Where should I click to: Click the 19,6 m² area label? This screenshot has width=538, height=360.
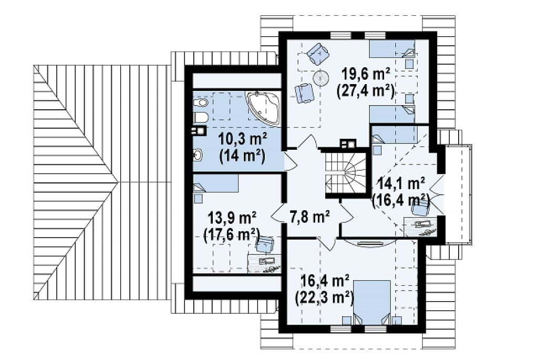(x=366, y=74)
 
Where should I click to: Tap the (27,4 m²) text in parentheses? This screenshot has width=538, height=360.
(x=366, y=91)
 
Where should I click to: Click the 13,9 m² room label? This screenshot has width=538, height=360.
(x=233, y=218)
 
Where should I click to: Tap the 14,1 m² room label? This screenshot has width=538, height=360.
(x=400, y=183)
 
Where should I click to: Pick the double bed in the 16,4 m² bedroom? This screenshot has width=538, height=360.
(x=372, y=302)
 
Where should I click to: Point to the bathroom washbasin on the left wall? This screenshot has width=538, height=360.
(x=198, y=156)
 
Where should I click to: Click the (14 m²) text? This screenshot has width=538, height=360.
(x=242, y=157)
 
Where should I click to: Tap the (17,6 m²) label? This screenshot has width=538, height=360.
(x=231, y=235)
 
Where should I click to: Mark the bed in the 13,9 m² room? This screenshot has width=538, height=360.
(x=216, y=183)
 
